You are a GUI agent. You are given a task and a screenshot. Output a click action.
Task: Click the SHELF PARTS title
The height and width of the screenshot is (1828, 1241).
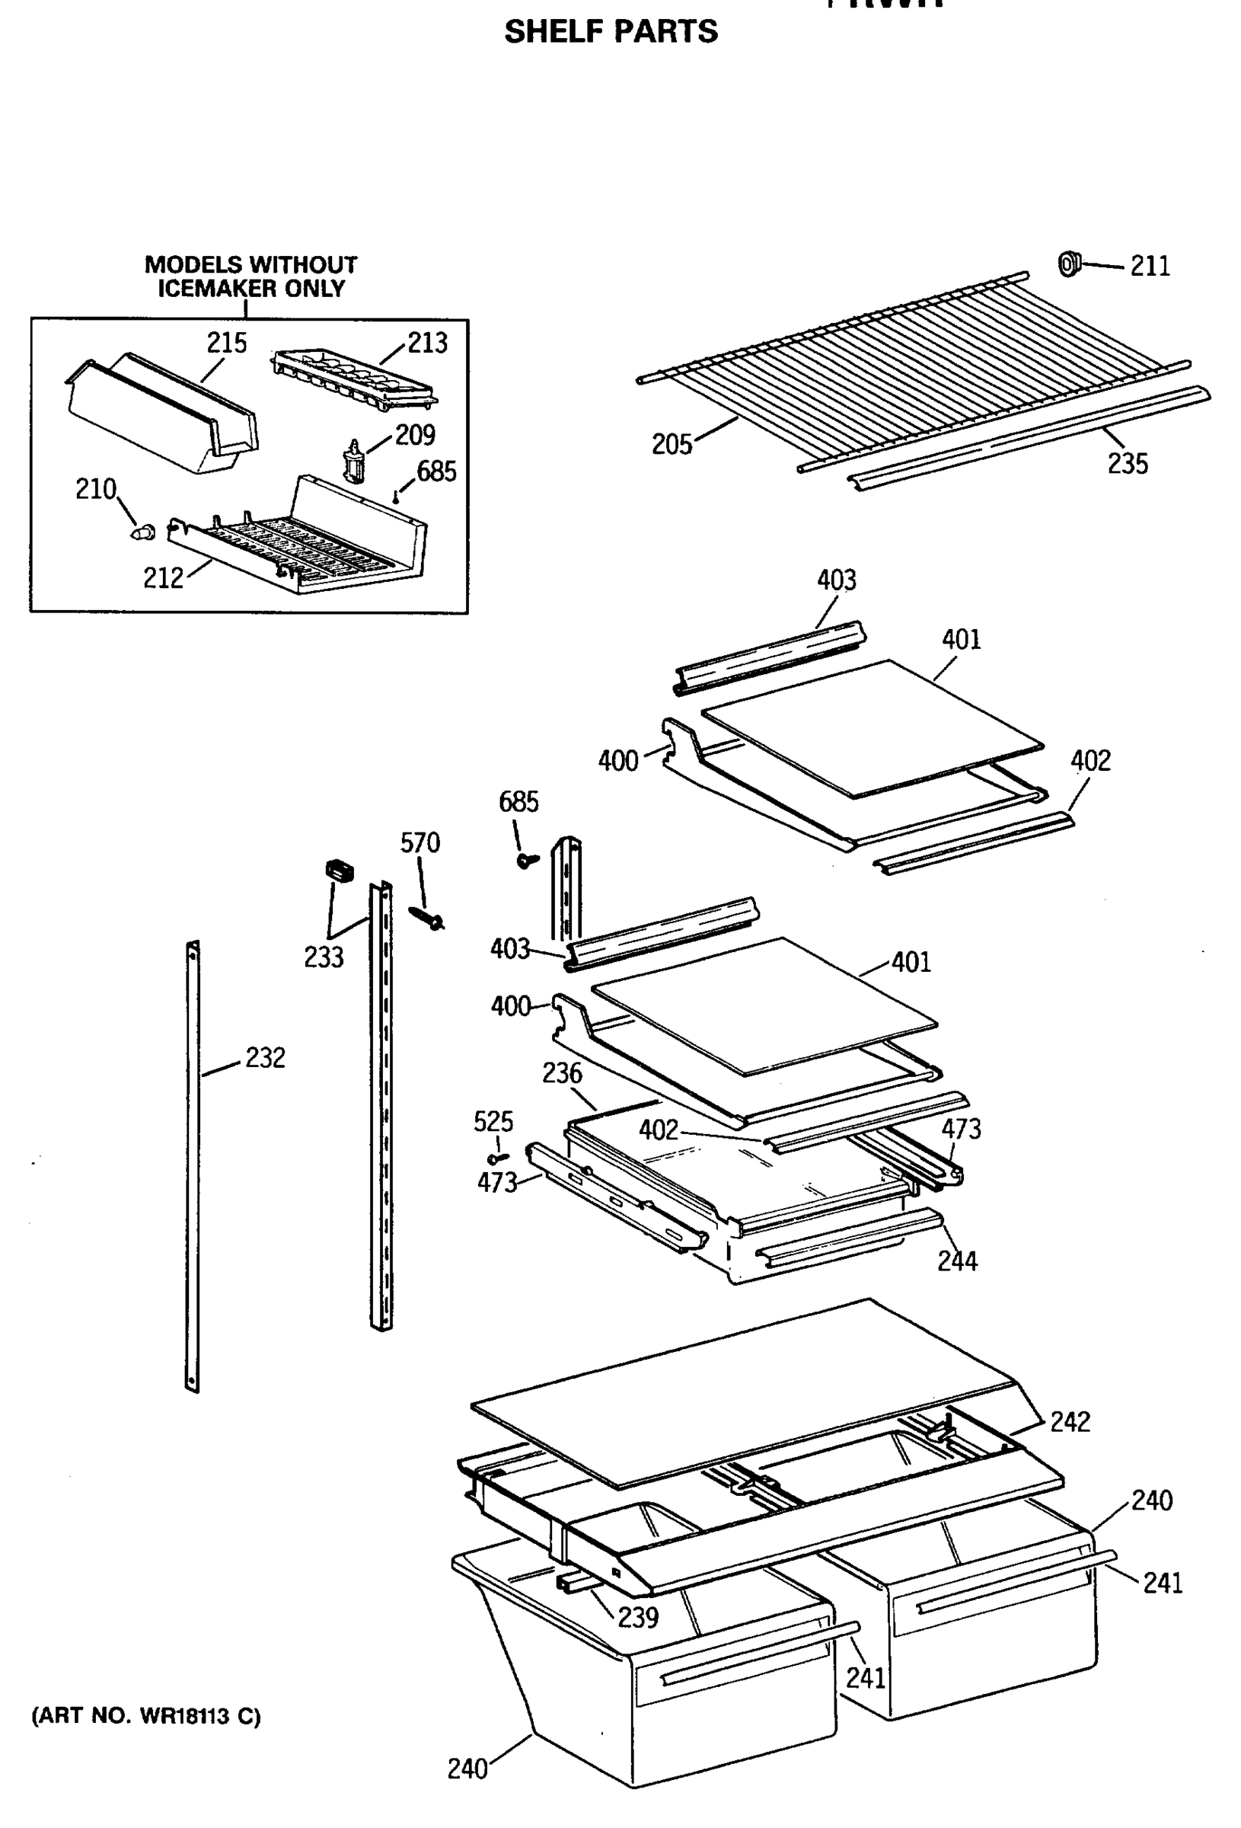coord(611,31)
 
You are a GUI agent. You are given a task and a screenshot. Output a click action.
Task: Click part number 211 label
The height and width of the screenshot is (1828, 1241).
coord(1150,266)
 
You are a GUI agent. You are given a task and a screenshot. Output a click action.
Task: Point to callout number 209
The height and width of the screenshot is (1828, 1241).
coord(414,434)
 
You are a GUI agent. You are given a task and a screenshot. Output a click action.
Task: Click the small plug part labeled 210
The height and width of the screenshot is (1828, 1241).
coord(142,532)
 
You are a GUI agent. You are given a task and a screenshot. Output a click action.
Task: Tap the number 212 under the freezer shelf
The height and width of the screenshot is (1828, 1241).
coord(163,578)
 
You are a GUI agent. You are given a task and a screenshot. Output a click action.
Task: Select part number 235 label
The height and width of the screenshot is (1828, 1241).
coord(1128,463)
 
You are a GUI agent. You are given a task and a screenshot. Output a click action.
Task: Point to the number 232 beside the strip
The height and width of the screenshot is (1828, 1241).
coord(265,1057)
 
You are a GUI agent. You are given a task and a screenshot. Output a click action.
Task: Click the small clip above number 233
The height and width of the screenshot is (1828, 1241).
coord(339,871)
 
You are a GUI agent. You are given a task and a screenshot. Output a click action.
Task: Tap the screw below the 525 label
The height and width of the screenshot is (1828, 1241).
coord(498,1158)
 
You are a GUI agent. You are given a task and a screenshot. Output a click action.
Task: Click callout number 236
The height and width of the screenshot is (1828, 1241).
coord(563,1073)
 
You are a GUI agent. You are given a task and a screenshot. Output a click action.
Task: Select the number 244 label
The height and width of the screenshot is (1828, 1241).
coord(957,1261)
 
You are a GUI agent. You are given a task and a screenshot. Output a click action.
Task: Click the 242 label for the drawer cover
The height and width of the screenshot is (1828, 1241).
coord(1070,1421)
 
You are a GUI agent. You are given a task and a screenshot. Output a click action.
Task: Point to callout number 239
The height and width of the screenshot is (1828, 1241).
coord(638,1617)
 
